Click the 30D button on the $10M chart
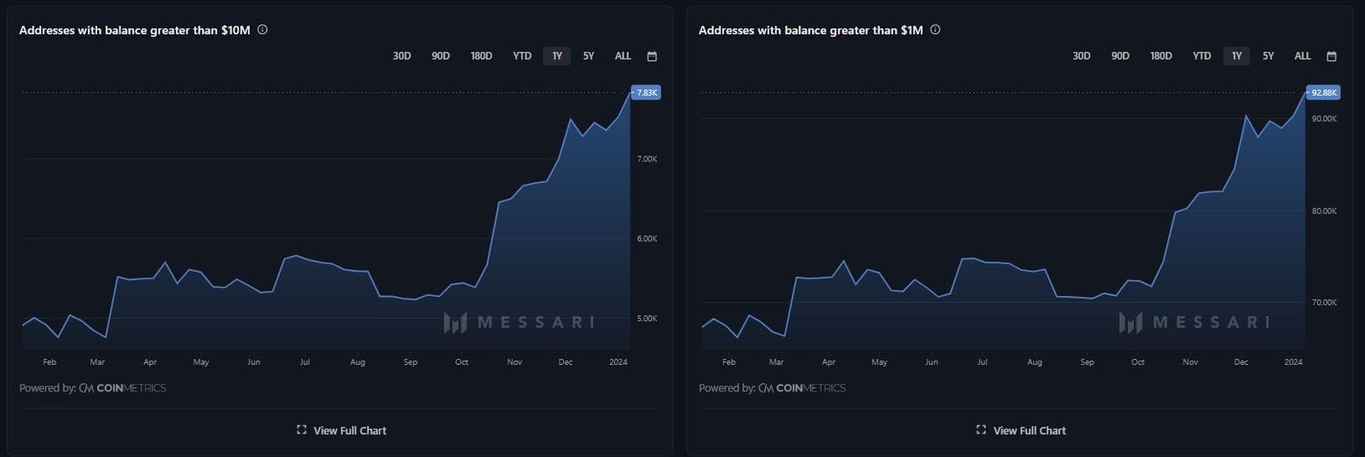[x=402, y=56]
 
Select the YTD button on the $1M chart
[x=1201, y=56]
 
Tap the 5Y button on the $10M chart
[x=589, y=56]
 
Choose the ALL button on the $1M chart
[x=1302, y=56]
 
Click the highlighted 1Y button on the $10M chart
[x=557, y=56]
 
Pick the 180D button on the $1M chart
[x=1160, y=56]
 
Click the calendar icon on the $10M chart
[x=652, y=56]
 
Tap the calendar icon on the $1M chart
[x=1331, y=56]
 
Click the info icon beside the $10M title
[x=262, y=30]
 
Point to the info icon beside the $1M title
[x=935, y=30]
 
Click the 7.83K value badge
[x=647, y=92]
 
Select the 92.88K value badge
[x=1324, y=92]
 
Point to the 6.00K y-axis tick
[x=647, y=239]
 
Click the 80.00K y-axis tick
[x=1324, y=211]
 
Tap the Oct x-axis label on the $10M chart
[x=462, y=362]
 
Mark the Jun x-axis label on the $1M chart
[x=932, y=362]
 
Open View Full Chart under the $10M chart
[x=341, y=431]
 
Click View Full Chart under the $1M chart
[x=1021, y=431]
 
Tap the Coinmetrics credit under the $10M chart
[x=122, y=388]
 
